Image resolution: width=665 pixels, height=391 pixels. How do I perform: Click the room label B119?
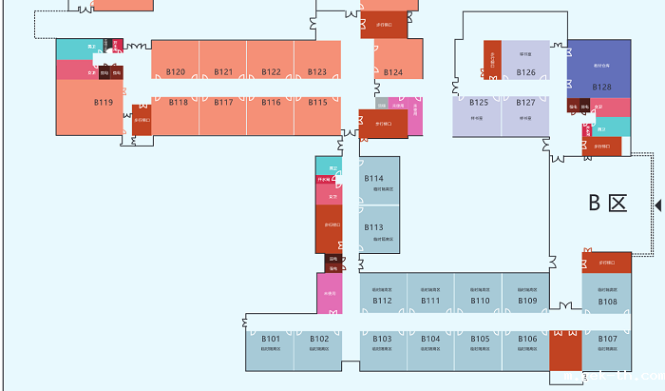point(104,102)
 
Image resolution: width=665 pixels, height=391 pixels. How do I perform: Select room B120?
point(176,72)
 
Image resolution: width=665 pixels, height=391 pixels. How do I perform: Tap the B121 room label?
point(223,72)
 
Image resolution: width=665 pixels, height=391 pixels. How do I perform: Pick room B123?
point(317,72)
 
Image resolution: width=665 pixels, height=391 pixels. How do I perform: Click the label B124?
point(393,72)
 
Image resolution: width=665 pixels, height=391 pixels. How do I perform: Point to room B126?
point(526,72)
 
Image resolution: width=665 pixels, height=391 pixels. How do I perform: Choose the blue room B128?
point(601,87)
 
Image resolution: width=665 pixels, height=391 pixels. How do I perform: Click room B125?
point(479,102)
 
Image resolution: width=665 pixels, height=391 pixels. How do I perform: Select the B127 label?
point(526,102)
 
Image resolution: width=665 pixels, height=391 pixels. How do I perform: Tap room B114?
point(373,178)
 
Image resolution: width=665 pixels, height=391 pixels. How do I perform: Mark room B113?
point(373,227)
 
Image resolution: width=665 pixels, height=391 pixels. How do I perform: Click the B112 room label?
point(382,301)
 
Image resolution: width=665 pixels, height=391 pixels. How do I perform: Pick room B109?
point(528,301)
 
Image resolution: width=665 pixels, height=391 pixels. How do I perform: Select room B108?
point(608,302)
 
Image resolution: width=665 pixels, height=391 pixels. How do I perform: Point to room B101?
point(271,339)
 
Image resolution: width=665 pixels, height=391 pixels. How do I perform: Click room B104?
point(431,339)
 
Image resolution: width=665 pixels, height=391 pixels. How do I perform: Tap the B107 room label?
point(608,339)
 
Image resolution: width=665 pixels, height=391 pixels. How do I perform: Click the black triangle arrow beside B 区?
point(658,205)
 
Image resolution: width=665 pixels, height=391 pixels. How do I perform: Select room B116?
point(271,102)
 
